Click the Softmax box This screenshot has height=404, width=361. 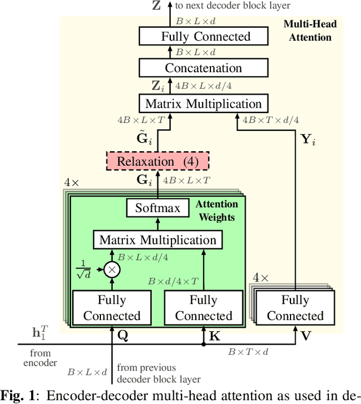[158, 208]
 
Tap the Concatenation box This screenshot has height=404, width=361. [203, 68]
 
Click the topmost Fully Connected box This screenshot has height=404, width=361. [205, 37]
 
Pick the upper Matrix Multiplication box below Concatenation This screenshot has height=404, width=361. [203, 104]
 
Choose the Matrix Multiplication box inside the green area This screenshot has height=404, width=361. [158, 240]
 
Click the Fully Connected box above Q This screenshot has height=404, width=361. [112, 308]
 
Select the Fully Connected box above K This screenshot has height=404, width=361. [204, 308]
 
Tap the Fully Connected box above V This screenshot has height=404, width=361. [295, 308]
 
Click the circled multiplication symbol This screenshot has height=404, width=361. [113, 270]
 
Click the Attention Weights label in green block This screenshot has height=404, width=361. [217, 209]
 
